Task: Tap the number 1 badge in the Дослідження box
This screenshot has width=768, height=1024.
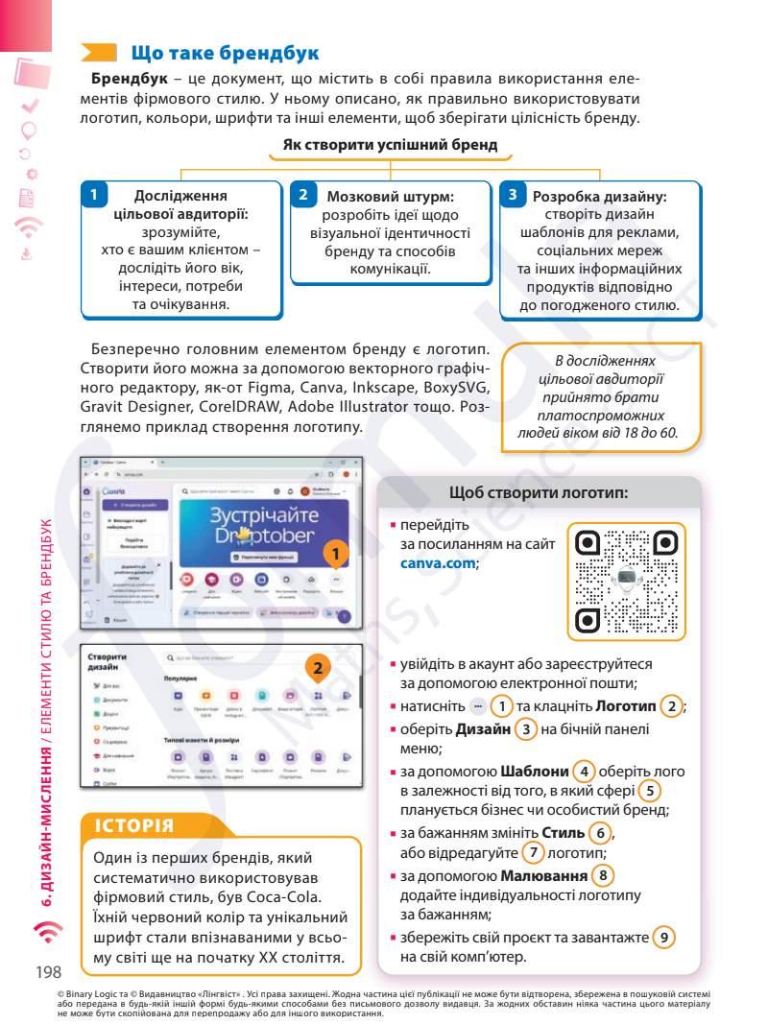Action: point(93,195)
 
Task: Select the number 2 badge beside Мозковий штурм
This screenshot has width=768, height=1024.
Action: point(302,195)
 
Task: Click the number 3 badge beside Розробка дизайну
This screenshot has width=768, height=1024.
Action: point(513,195)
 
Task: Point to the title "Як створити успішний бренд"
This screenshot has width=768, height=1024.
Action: point(390,145)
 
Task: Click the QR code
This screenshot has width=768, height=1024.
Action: point(626,582)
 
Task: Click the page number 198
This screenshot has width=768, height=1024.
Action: point(49,972)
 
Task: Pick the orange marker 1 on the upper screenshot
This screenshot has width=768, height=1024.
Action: point(334,555)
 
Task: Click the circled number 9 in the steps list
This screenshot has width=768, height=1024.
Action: point(664,937)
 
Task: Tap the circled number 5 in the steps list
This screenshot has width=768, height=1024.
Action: point(651,792)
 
